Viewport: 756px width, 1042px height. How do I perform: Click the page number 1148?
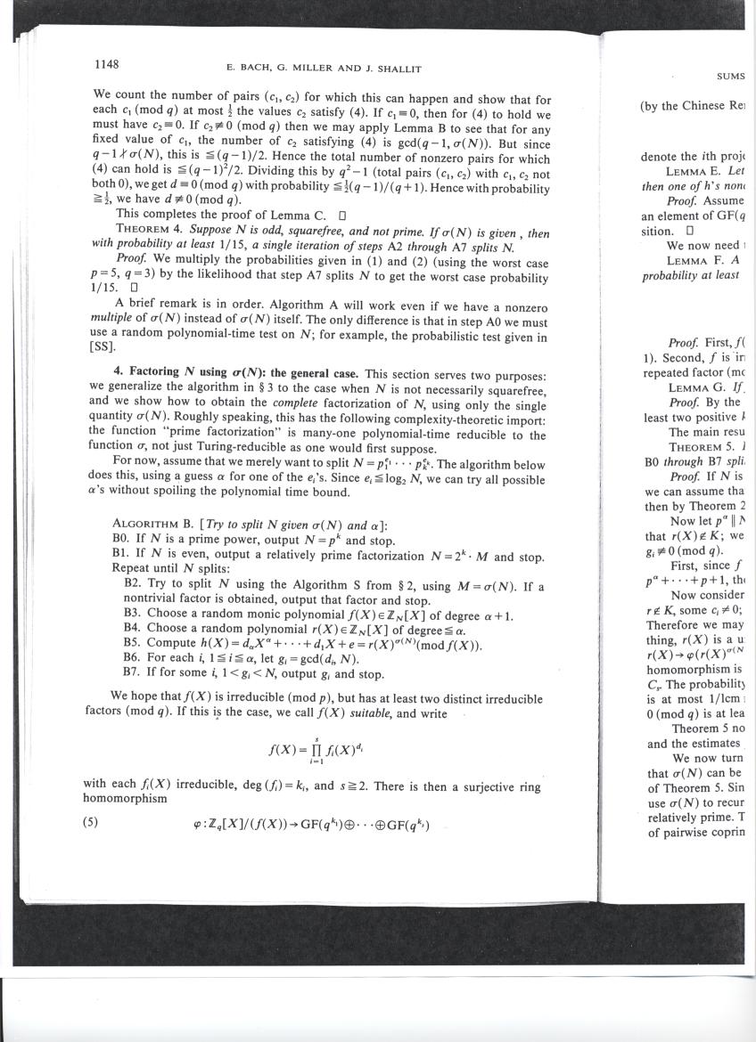point(107,64)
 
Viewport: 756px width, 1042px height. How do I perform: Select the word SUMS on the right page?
point(732,77)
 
